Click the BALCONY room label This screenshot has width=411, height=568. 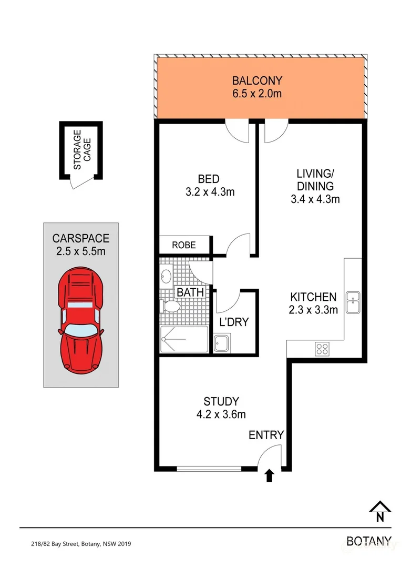point(258,81)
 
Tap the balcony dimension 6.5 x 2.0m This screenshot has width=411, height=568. point(258,94)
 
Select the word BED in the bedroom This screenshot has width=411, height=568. point(209,179)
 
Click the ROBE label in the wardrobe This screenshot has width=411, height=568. point(183,245)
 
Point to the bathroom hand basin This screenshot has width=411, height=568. point(167,276)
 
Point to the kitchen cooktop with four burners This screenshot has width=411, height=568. point(322,348)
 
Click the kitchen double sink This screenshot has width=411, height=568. point(353,302)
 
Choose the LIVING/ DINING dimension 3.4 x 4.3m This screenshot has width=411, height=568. point(315,199)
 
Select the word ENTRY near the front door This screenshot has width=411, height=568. point(266,435)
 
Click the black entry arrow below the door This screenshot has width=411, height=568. point(269,476)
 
